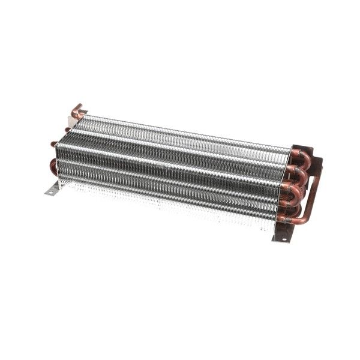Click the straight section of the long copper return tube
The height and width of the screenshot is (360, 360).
(x=311, y=193)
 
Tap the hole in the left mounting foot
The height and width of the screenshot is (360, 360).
(x=50, y=192)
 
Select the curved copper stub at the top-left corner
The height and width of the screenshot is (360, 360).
(x=77, y=110)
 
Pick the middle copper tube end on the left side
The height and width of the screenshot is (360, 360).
(x=53, y=143)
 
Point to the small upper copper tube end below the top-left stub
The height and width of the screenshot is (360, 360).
(x=67, y=129)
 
